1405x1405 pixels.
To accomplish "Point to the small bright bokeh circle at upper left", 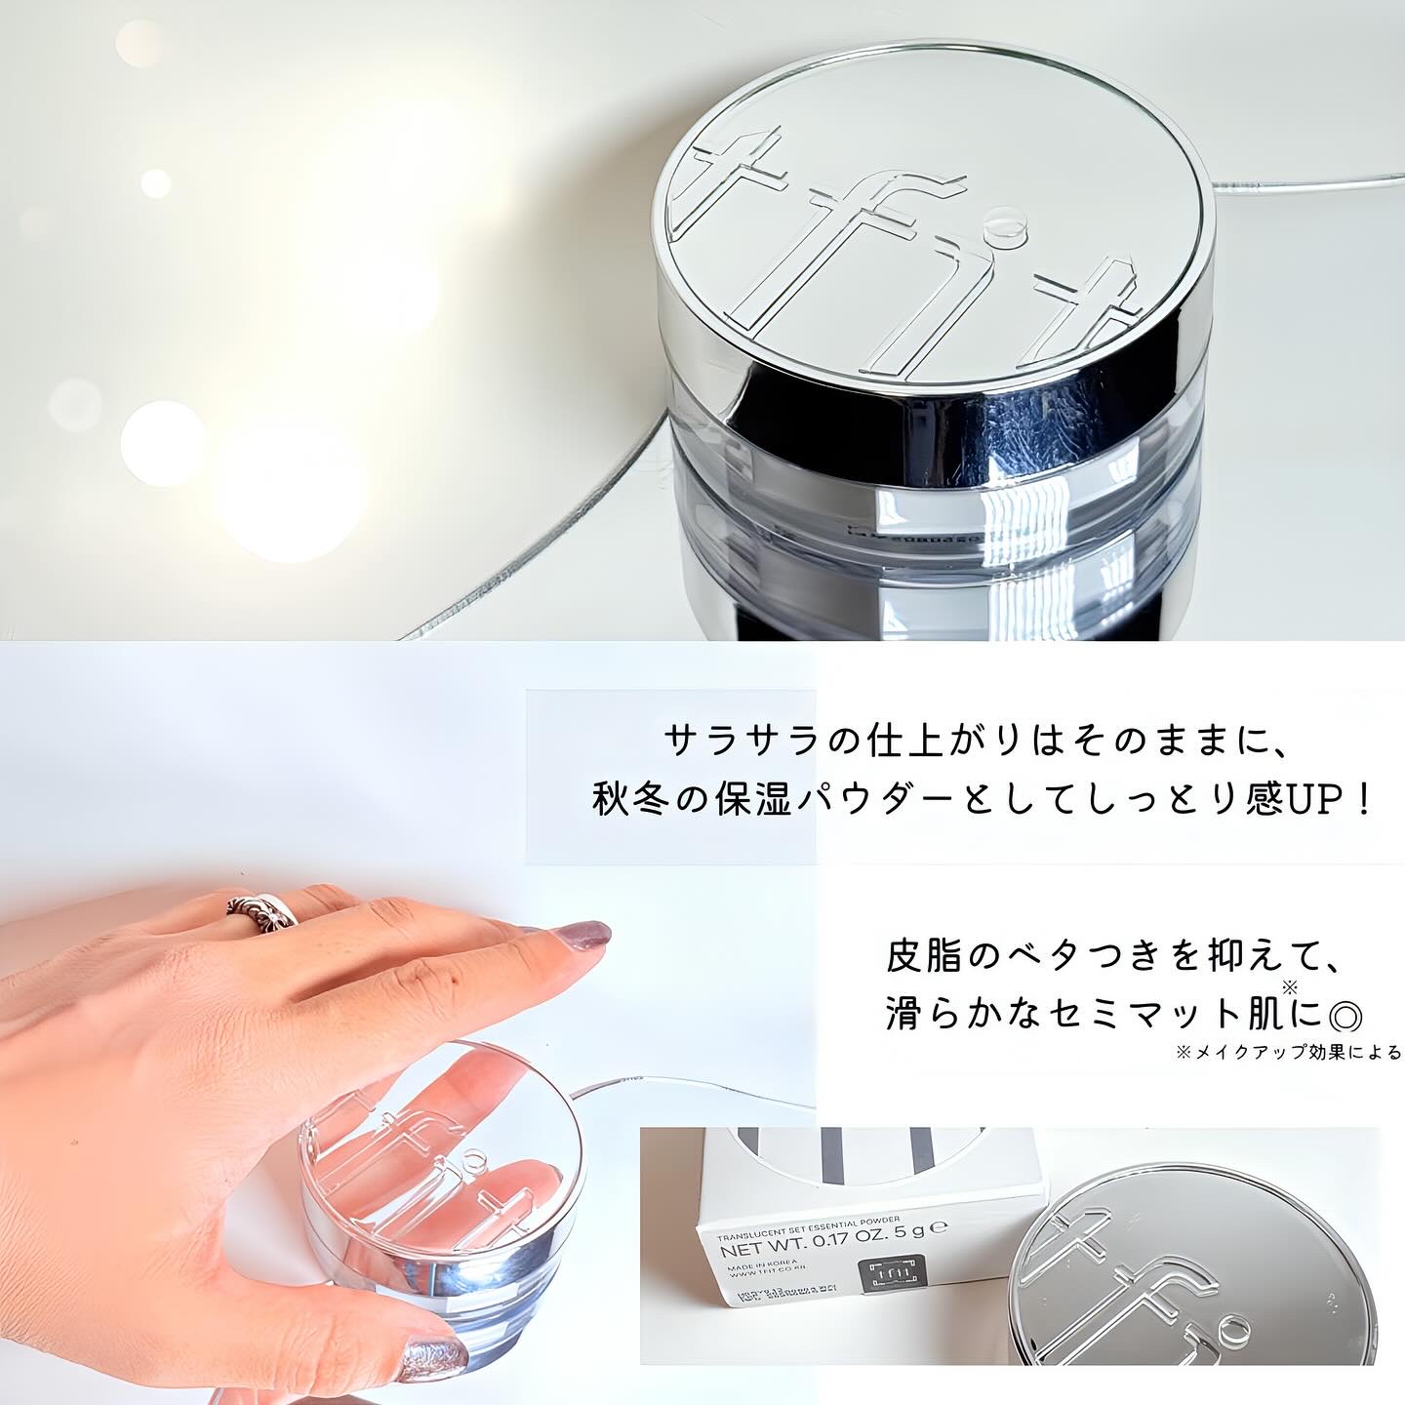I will [154, 182].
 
